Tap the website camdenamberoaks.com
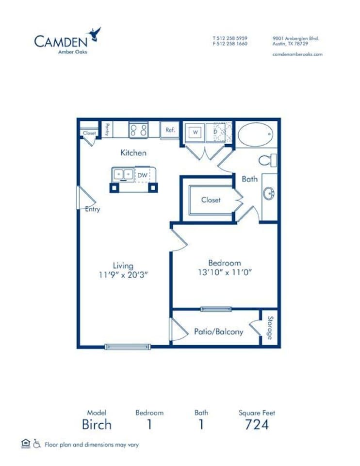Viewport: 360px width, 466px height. [297, 54]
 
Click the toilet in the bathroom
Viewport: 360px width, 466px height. [267, 160]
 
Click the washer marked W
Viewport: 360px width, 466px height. [195, 132]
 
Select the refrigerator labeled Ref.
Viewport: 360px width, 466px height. [170, 130]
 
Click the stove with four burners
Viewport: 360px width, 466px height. [138, 130]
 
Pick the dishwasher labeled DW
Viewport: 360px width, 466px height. [142, 175]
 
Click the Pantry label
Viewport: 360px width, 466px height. [107, 130]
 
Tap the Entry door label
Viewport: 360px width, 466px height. [92, 209]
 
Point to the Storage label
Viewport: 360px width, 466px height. [270, 328]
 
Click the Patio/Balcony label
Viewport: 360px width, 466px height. [218, 332]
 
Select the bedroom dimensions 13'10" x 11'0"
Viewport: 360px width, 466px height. [225, 272]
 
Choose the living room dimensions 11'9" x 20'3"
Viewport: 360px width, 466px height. [123, 274]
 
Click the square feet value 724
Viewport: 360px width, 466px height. [256, 424]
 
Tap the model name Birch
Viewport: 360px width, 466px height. [96, 424]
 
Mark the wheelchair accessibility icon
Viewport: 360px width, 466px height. [37, 443]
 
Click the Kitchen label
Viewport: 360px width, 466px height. [133, 153]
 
